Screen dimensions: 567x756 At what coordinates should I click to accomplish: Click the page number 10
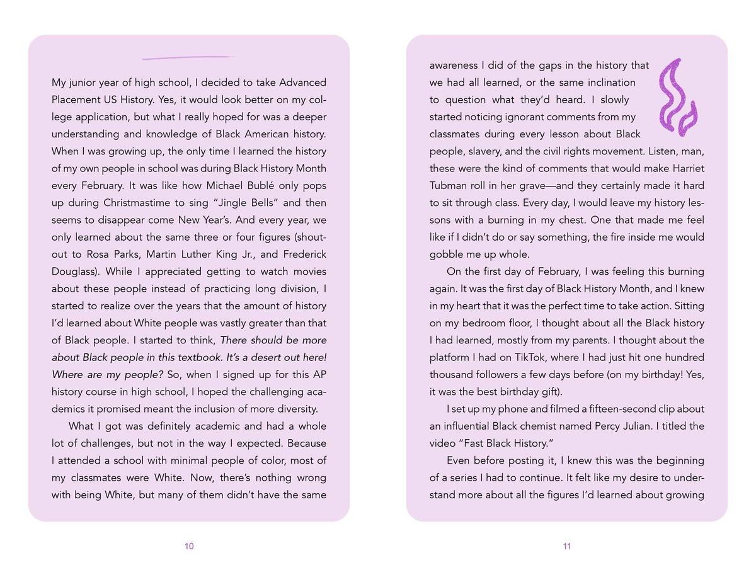click(x=189, y=546)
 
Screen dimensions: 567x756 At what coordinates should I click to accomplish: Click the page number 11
click(x=567, y=546)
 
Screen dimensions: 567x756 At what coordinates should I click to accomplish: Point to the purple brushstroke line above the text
click(x=188, y=58)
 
